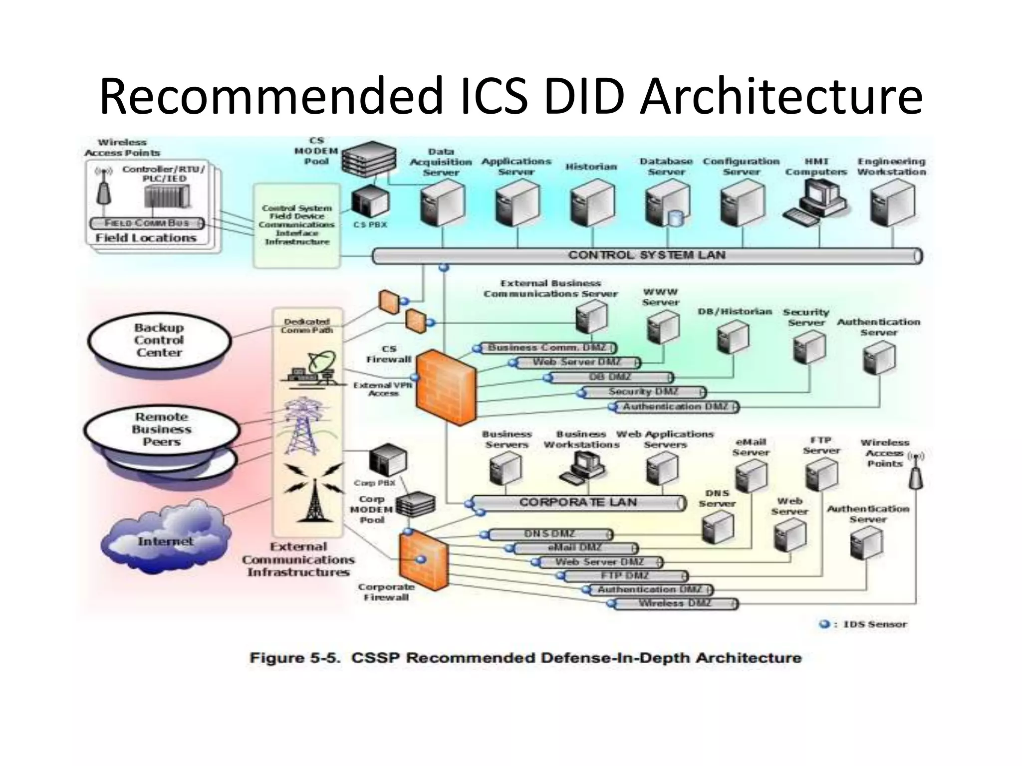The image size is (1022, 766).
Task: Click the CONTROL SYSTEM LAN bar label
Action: pyautogui.click(x=647, y=255)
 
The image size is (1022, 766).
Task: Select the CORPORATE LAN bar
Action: pyautogui.click(x=578, y=503)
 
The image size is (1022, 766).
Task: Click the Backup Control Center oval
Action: pyautogui.click(x=159, y=341)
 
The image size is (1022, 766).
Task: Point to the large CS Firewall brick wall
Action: pyautogui.click(x=446, y=387)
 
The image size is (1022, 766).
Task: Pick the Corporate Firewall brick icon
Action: pyautogui.click(x=423, y=561)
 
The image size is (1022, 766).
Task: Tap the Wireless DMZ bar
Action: pyautogui.click(x=675, y=604)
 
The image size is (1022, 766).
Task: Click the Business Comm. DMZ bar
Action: pyautogui.click(x=547, y=348)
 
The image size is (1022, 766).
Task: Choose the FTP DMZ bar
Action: pyautogui.click(x=625, y=576)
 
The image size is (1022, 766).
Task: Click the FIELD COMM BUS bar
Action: pyautogui.click(x=147, y=223)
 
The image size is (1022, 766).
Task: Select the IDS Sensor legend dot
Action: pyautogui.click(x=825, y=624)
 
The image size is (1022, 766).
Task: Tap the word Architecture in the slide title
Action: pyautogui.click(x=781, y=96)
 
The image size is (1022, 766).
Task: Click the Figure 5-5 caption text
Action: pyautogui.click(x=525, y=658)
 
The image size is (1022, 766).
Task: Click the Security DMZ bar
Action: pyautogui.click(x=644, y=392)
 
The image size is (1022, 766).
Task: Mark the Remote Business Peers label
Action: pyautogui.click(x=161, y=429)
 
